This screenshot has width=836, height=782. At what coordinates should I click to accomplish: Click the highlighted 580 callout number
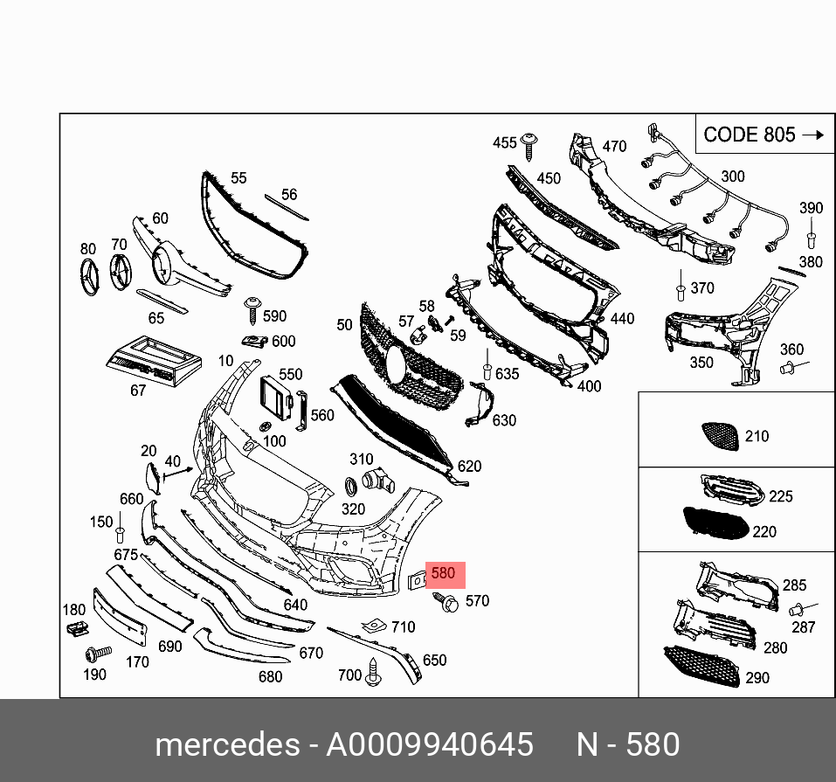(443, 574)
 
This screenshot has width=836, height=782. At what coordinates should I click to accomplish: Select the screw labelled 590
(252, 305)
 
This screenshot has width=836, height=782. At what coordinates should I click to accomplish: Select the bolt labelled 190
(96, 653)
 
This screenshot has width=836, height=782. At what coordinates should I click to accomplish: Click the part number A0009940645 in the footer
(429, 744)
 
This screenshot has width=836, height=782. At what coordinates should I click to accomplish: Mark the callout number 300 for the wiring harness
(732, 176)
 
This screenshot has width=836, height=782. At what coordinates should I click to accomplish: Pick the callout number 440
(622, 319)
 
